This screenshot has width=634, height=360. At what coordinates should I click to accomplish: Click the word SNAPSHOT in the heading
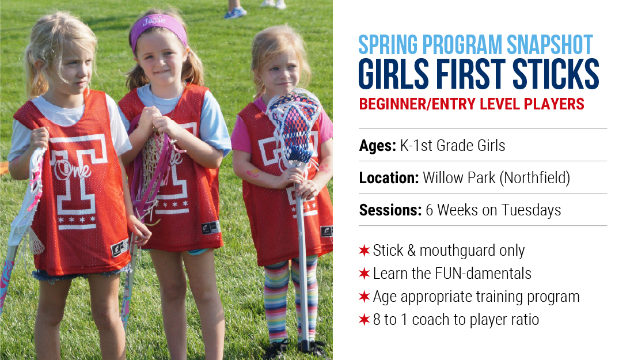[x=549, y=45]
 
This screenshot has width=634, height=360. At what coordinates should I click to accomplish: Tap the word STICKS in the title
[x=556, y=74]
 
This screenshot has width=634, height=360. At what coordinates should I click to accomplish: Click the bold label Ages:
[x=377, y=146]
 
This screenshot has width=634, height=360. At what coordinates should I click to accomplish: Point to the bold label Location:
[x=389, y=178]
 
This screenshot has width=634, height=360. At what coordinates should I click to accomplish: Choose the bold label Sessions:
[x=390, y=210]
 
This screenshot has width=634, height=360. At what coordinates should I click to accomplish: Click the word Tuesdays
[x=531, y=211]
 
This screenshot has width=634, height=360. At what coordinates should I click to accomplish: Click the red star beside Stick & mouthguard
[x=365, y=251]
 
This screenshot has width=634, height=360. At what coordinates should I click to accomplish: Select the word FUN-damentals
[x=483, y=274]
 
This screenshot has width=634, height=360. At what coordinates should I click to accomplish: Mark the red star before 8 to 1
[x=365, y=320]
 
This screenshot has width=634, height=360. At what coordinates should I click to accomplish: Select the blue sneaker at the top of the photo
[x=235, y=13]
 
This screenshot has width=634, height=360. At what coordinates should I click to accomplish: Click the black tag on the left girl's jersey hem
[x=120, y=247]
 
